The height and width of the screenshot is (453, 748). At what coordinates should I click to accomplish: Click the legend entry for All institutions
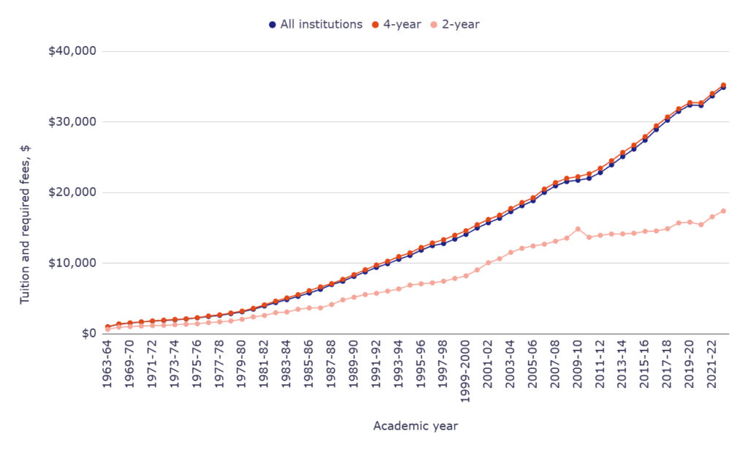(316, 24)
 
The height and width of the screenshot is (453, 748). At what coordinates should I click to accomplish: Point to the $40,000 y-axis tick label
(72, 51)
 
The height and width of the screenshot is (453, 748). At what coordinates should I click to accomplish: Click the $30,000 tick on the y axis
(72, 121)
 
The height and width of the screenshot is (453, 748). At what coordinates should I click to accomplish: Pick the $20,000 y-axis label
(72, 192)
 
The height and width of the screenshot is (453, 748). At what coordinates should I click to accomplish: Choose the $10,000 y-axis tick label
(72, 263)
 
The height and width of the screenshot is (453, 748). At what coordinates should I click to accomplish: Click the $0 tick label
(88, 333)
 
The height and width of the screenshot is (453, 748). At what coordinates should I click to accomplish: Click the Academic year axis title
(416, 425)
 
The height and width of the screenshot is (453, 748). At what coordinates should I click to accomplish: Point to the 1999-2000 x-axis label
(465, 373)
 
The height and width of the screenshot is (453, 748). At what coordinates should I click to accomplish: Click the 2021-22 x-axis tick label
(712, 366)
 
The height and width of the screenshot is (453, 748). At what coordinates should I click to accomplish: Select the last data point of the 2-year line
(723, 211)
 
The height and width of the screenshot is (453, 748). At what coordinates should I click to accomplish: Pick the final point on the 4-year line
(723, 85)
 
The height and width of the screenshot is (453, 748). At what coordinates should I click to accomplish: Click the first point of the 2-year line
(107, 329)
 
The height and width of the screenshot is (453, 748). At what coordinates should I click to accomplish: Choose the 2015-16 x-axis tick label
(645, 366)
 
